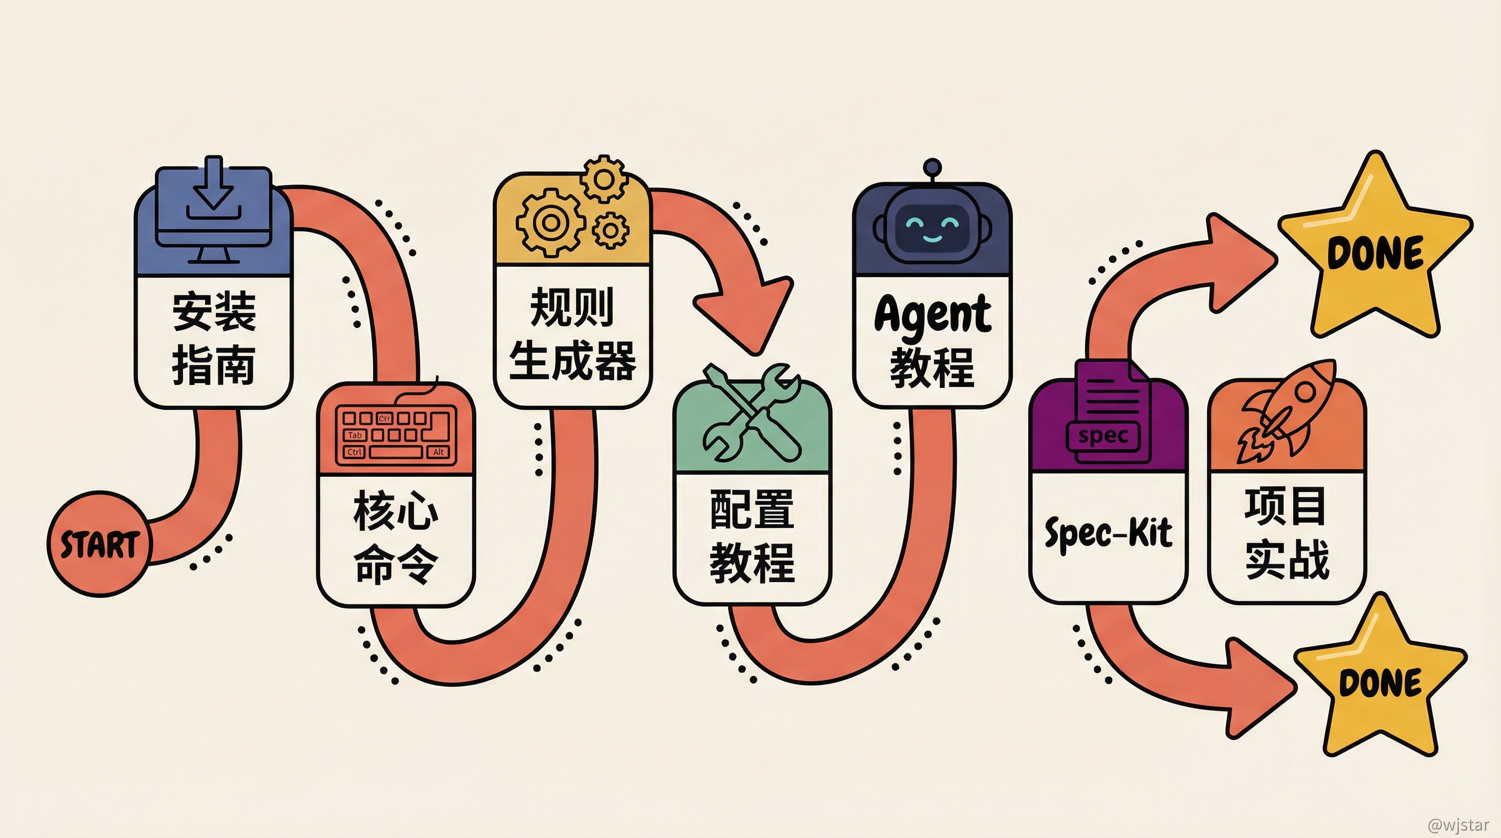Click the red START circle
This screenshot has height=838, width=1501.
[x=99, y=544]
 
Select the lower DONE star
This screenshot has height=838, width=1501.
[x=1380, y=682]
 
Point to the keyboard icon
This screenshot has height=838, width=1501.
[x=396, y=434]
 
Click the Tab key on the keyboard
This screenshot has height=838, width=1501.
[x=355, y=435]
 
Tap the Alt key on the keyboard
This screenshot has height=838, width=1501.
[x=439, y=452]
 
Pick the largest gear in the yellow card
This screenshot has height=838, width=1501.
[x=549, y=222]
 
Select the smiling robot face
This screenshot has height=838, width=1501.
[x=932, y=228]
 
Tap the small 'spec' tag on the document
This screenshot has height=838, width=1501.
[x=1102, y=436]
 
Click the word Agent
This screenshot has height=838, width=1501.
[x=932, y=314]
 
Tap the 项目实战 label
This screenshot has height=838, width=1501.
[x=1287, y=532]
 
